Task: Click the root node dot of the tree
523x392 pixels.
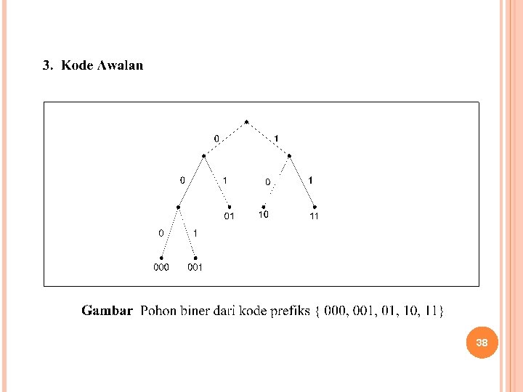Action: [x=247, y=121]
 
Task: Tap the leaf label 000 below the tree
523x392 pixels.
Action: [x=161, y=267]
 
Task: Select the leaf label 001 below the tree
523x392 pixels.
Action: [x=195, y=267]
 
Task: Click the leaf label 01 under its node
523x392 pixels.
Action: [x=229, y=216]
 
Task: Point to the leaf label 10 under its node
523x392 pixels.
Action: [x=263, y=214]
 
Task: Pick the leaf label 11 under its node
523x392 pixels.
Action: [x=314, y=216]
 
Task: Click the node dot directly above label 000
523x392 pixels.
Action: [x=161, y=258]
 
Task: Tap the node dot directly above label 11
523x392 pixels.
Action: [x=314, y=206]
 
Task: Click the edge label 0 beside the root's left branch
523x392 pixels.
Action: [x=216, y=137]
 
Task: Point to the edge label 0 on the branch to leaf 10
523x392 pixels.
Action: [x=267, y=181]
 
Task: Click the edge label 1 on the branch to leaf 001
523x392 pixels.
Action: [x=195, y=233]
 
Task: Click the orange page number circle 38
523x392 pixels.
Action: [x=482, y=342]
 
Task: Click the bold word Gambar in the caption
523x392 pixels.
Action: [x=107, y=311]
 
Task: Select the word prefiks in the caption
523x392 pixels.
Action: [x=290, y=311]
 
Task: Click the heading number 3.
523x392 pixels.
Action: [x=47, y=65]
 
